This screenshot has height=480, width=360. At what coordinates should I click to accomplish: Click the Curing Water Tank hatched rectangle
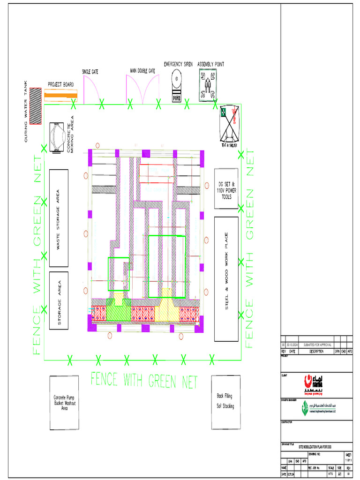pos(35,106)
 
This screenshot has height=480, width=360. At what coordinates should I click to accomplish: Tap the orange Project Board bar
pos(61,95)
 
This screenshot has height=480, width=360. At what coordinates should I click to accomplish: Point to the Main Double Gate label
pos(142,71)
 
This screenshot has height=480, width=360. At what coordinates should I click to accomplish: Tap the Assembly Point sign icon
pos(207,84)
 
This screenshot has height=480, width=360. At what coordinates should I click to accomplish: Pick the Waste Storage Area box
pos(59,218)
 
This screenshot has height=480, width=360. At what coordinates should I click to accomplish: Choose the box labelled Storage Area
pos(59,300)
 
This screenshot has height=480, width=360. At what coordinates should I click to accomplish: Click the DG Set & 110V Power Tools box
pos(226,188)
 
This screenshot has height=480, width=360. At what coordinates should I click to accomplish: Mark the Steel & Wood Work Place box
pos(226,278)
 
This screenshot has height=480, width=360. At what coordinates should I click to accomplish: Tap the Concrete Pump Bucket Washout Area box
pos(64,403)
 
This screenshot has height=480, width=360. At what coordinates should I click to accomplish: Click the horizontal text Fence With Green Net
pos(144,381)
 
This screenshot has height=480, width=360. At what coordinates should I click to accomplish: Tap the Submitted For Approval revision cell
pos(315,345)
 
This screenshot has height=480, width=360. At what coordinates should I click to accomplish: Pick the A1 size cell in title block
pos(339,474)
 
